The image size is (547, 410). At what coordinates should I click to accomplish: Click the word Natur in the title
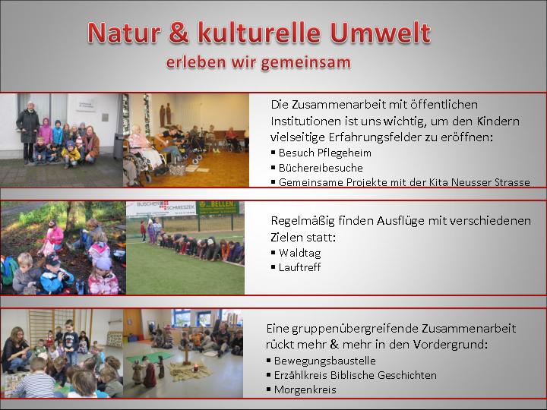[124, 33]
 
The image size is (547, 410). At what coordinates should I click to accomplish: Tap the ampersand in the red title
[179, 33]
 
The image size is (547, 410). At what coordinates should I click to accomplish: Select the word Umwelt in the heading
[381, 33]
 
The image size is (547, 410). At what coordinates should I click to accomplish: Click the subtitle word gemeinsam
[305, 63]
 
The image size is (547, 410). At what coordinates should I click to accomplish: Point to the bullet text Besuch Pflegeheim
[325, 153]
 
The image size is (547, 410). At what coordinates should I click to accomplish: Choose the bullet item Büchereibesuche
[321, 168]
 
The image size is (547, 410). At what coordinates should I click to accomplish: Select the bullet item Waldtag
[299, 253]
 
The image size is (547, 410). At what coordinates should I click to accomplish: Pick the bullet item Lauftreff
[299, 267]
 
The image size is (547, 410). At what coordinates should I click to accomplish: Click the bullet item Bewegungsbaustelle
[325, 361]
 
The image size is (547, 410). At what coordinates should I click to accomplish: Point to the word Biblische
[352, 375]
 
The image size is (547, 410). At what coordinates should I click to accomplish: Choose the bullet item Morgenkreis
[305, 389]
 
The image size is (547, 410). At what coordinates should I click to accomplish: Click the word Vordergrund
[449, 345]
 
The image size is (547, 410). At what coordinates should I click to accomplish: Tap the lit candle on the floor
[196, 367]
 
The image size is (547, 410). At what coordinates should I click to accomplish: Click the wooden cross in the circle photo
[187, 354]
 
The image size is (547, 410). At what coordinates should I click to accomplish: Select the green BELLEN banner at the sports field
[217, 208]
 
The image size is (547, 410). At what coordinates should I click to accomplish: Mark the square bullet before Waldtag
[273, 252]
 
